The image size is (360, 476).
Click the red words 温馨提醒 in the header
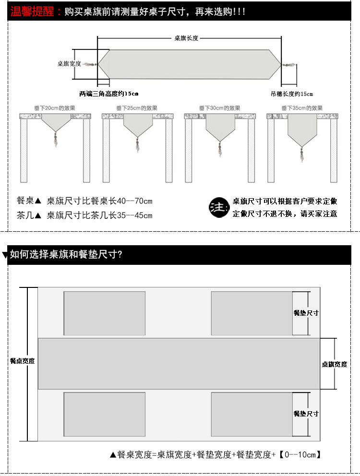point(33,12)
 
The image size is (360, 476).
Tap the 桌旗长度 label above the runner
point(186,38)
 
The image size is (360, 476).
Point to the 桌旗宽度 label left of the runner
point(69,63)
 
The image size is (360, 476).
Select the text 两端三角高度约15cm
point(108,94)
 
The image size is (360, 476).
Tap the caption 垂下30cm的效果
point(219,108)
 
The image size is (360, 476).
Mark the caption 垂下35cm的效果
point(302,108)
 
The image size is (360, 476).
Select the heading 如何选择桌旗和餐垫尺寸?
point(66,255)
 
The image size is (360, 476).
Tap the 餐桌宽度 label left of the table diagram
point(22,361)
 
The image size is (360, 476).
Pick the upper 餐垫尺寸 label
point(306,313)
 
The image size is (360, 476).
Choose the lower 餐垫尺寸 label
point(306,414)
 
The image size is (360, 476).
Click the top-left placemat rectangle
point(105,313)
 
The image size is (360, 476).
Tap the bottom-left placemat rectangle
point(105,414)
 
